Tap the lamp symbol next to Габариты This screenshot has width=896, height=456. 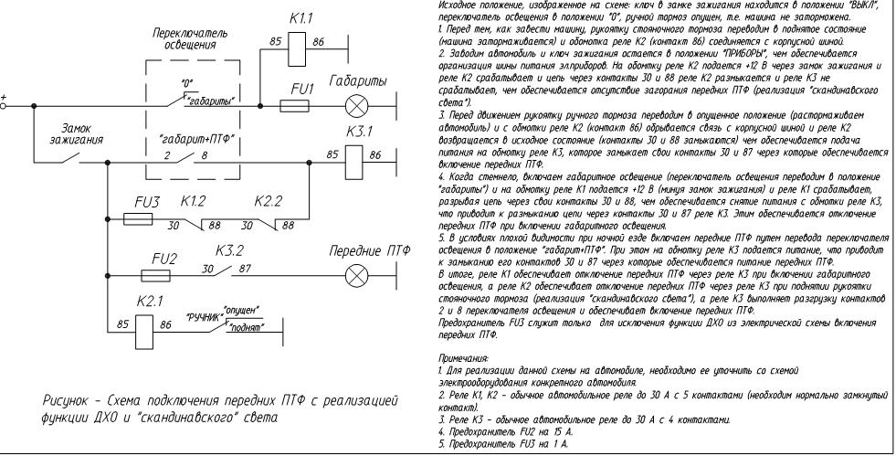[x=354, y=105]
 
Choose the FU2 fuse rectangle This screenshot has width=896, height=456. [x=155, y=273]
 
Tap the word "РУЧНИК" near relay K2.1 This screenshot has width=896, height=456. [x=205, y=319]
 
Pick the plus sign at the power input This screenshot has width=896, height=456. [x=6, y=97]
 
